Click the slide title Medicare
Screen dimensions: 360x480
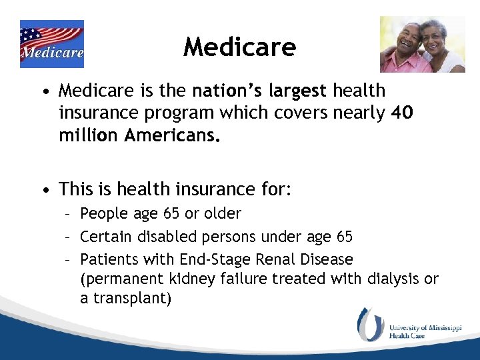pos(239,47)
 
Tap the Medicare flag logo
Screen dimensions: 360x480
pos(52,44)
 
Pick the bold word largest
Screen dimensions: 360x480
pos(299,90)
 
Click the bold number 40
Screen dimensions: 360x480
pos(401,113)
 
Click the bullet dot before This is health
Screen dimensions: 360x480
pos(44,190)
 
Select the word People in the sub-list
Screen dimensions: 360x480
pos(101,214)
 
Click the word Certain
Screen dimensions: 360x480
pos(105,237)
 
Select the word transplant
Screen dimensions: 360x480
pos(130,299)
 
